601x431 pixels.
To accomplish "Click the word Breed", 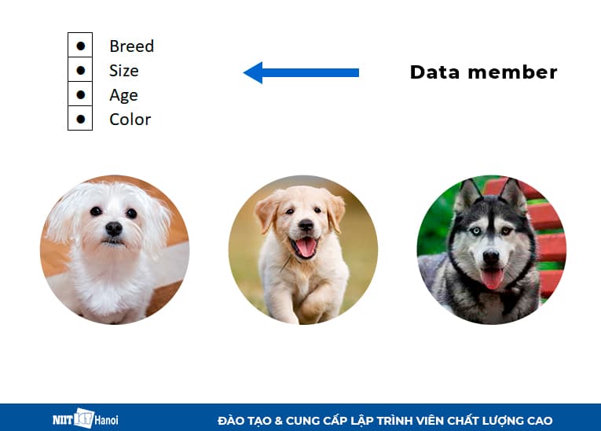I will [x=131, y=46].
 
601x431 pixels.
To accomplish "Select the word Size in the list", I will [x=124, y=71].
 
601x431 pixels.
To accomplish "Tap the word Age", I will [x=123, y=95].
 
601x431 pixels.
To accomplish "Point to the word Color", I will [x=130, y=120].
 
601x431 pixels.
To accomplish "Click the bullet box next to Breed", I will [x=80, y=46].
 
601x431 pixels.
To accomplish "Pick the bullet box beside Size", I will [x=80, y=70].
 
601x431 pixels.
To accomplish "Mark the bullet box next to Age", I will [x=80, y=94].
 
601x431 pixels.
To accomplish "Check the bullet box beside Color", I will [x=80, y=119].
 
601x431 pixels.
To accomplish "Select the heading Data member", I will [x=483, y=73].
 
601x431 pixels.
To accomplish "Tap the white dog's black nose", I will [x=114, y=228].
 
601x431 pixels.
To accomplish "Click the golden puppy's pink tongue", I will [x=305, y=247].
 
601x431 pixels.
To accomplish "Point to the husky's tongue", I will [x=493, y=278].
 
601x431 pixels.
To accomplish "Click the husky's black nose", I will [x=491, y=256].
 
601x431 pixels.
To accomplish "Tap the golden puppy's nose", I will [x=305, y=226].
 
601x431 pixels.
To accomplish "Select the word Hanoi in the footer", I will [x=106, y=420].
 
